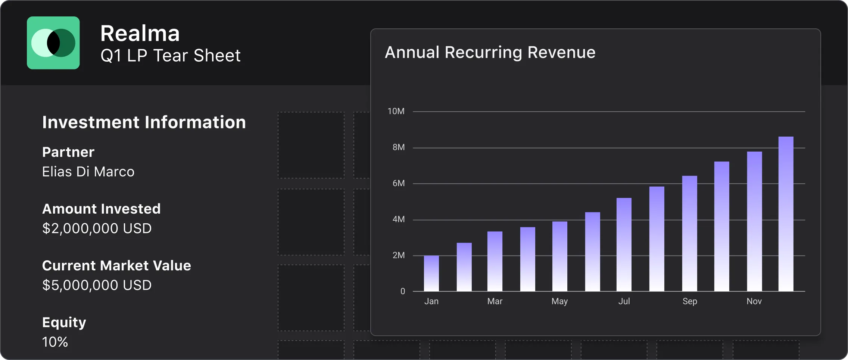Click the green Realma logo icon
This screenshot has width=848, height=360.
(53, 43)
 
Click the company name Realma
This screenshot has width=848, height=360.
(140, 34)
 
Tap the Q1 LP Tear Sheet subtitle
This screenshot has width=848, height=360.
(171, 56)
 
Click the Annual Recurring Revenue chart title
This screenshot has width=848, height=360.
(490, 52)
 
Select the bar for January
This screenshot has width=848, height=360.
(431, 273)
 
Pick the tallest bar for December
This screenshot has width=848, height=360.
(786, 214)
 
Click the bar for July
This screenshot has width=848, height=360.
(624, 245)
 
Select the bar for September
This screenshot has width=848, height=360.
(689, 233)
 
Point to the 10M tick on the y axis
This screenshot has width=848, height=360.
(396, 111)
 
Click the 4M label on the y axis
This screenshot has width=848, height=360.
(398, 219)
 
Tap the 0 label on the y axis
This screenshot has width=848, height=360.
(402, 291)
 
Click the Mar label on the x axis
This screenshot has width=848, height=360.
(495, 301)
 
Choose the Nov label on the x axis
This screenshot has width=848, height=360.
(754, 301)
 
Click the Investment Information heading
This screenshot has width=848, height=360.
(144, 122)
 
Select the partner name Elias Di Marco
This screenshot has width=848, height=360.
(88, 172)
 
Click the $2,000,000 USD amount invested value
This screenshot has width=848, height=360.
(97, 229)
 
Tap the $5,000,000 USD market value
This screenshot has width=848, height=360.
(97, 285)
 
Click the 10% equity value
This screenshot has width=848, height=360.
(55, 342)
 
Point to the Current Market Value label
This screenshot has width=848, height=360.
(116, 266)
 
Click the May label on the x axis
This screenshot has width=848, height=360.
(559, 301)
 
